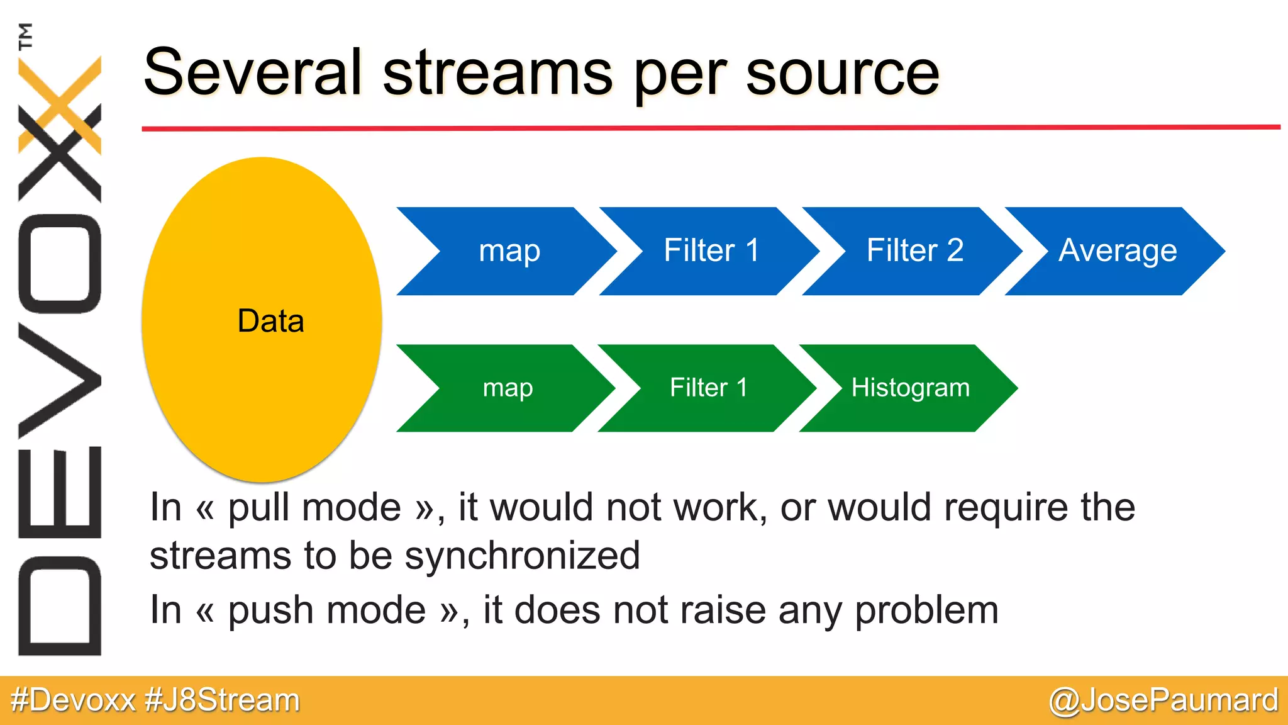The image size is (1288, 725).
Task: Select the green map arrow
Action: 507,388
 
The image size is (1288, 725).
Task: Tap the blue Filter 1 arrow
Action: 711,251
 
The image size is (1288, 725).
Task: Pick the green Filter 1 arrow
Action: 708,388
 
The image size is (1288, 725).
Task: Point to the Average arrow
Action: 1117,251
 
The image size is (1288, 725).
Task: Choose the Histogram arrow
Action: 909,388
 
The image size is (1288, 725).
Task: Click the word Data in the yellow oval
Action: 270,321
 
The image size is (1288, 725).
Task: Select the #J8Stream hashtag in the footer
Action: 222,700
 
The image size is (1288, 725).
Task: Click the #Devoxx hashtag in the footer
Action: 73,700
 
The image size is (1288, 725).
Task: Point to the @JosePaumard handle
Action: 1163,700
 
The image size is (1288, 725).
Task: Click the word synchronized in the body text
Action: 522,556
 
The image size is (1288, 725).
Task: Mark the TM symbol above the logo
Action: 25,36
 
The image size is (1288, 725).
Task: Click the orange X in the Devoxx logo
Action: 60,104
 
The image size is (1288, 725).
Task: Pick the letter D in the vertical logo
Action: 60,606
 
